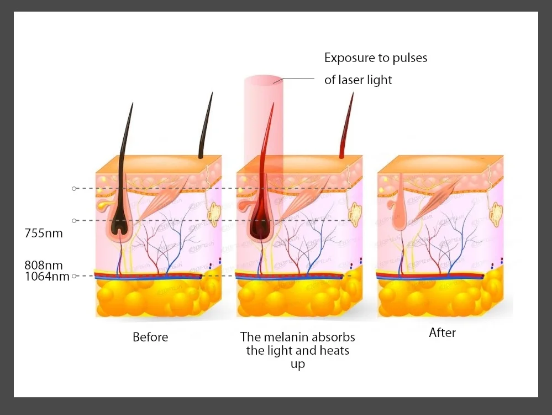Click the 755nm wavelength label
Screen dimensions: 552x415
(x=44, y=233)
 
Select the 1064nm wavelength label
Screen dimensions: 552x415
(x=47, y=276)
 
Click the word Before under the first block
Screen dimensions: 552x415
(x=150, y=336)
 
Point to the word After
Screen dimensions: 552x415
(x=443, y=333)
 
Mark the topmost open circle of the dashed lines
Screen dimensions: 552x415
(x=74, y=189)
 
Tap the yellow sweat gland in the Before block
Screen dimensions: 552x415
(x=213, y=212)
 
